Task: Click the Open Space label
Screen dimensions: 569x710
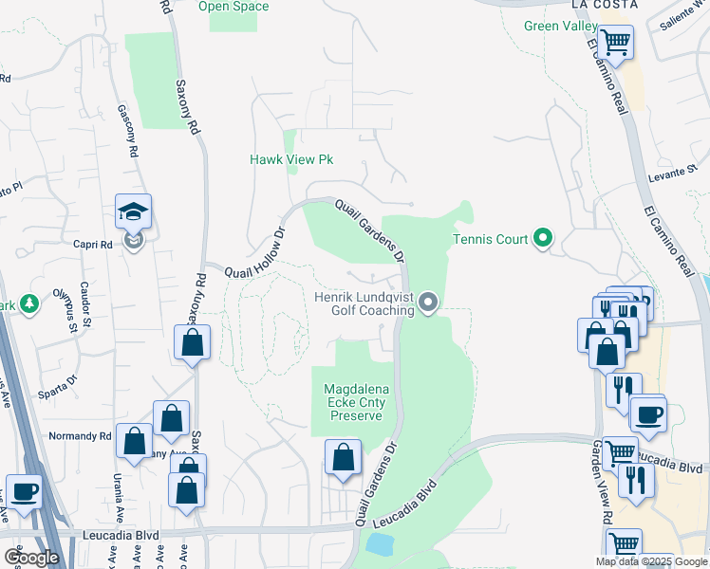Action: (x=233, y=7)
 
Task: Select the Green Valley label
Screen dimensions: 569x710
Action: (x=560, y=26)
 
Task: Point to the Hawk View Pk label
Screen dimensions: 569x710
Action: (x=291, y=160)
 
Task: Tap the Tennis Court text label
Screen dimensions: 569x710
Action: (x=490, y=239)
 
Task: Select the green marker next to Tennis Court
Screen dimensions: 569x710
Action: (x=543, y=237)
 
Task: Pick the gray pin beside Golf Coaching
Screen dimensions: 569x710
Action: (x=428, y=303)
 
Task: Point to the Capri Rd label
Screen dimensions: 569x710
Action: (x=93, y=242)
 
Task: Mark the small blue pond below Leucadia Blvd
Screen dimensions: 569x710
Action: (x=380, y=543)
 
